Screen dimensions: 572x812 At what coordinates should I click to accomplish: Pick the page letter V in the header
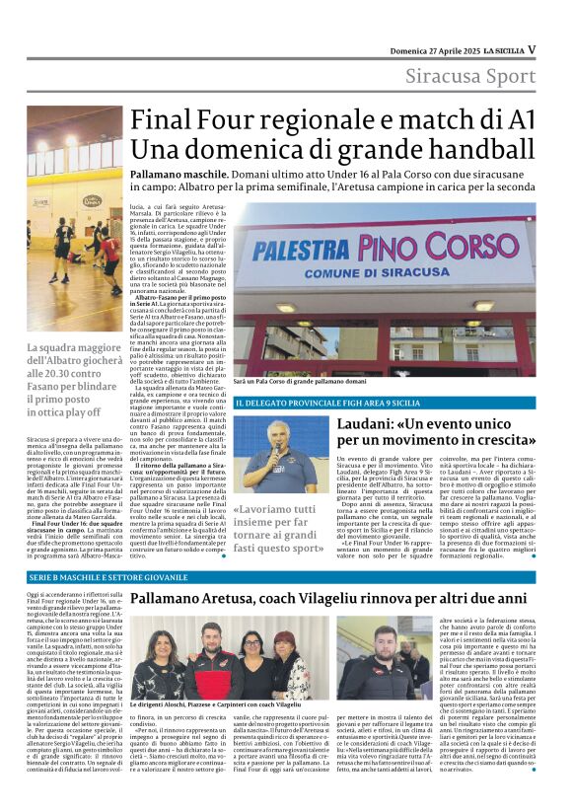pyautogui.click(x=531, y=48)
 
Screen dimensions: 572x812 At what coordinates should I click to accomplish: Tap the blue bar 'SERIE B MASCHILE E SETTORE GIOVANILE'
pyautogui.click(x=107, y=577)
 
